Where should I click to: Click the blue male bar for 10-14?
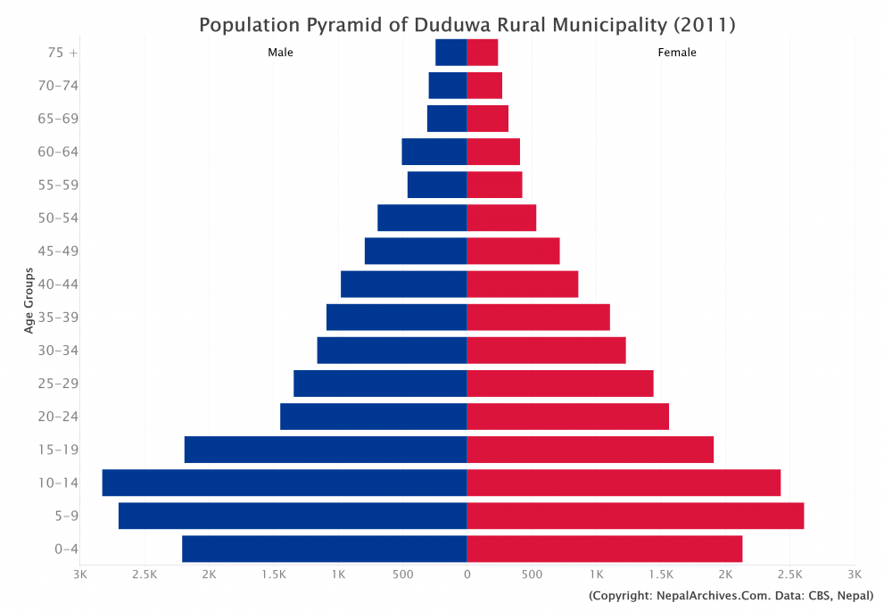[x=285, y=483]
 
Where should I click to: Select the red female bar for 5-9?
[x=635, y=516]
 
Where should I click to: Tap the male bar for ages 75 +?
[x=451, y=53]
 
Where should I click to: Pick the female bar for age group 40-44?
[x=523, y=285]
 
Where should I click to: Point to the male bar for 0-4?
[x=325, y=549]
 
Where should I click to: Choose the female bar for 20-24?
[x=568, y=417]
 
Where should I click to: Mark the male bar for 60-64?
[x=434, y=152]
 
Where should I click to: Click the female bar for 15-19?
[x=591, y=450]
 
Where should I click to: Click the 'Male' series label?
[x=280, y=53]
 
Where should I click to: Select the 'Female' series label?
[x=677, y=53]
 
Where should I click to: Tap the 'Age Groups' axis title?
[x=29, y=301]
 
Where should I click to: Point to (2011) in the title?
[x=704, y=24]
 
